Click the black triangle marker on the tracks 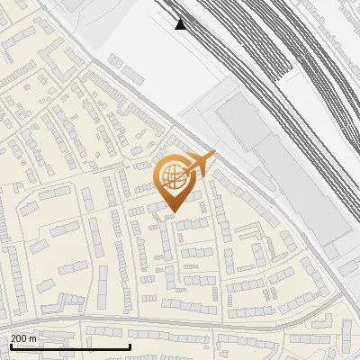182,23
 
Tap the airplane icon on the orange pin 196,164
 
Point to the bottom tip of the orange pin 172,212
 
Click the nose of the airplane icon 213,155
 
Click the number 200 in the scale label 20,338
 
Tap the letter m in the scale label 34,338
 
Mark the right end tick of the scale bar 130,346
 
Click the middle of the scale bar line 70,347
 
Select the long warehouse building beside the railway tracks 297,184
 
